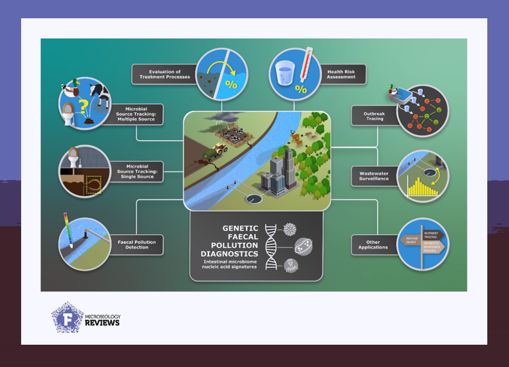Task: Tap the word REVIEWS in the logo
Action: click(x=102, y=323)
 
